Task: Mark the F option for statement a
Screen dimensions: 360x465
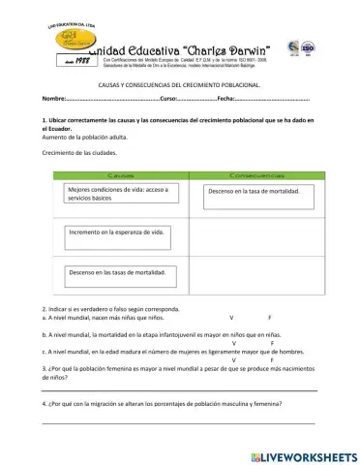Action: [269, 317]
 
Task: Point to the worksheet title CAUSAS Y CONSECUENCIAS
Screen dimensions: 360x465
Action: [179, 85]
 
